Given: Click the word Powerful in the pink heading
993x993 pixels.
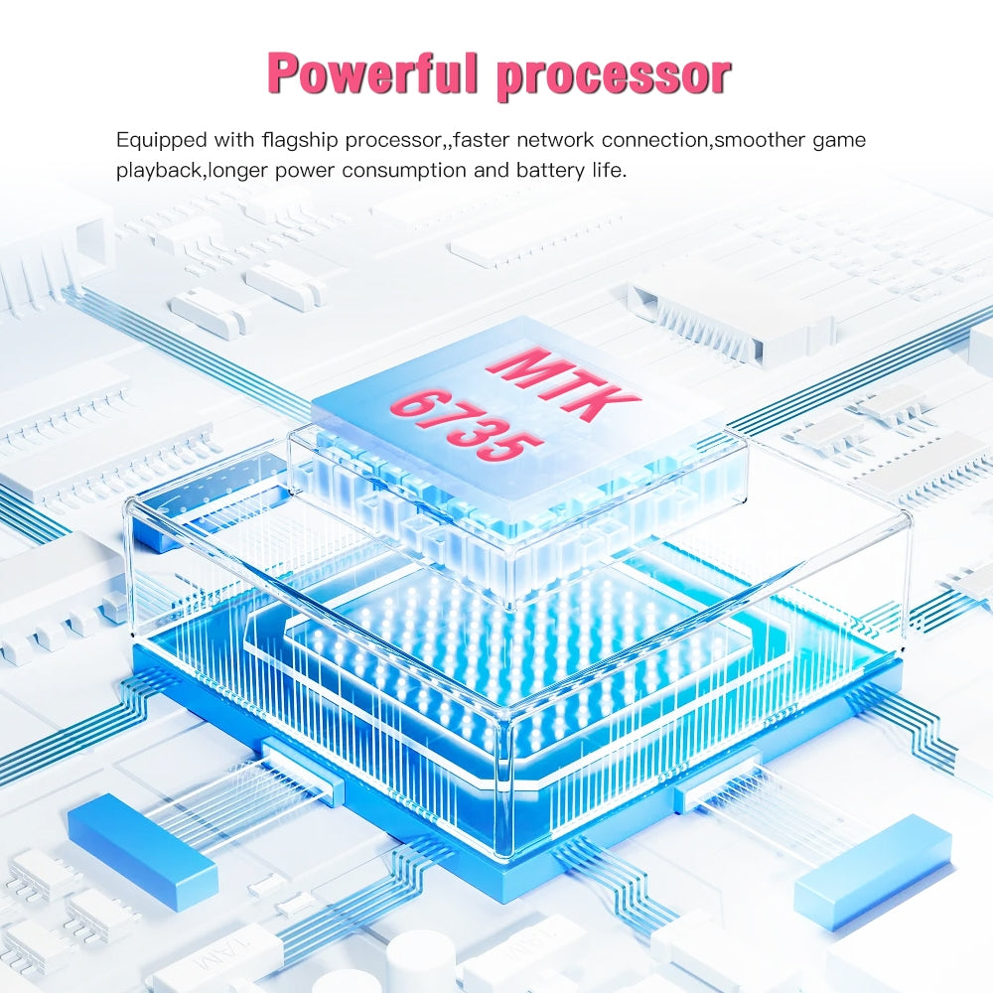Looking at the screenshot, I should click(375, 73).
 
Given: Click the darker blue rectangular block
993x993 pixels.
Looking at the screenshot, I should click(142, 848).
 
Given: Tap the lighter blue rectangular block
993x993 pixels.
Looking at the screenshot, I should click(872, 857).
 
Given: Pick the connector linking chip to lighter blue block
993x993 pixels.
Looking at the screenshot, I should click(717, 779).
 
